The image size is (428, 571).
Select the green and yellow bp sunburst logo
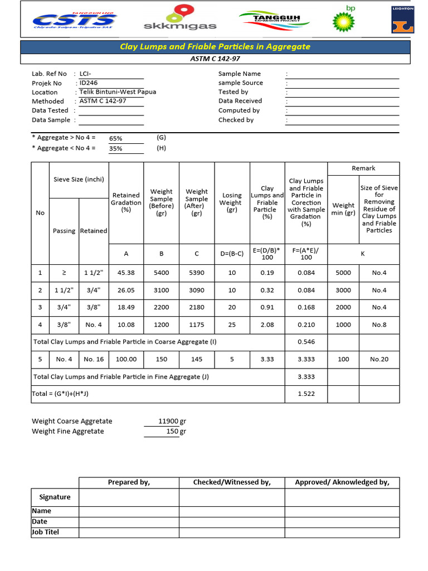[x=343, y=20]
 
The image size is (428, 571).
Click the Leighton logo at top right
[x=401, y=20]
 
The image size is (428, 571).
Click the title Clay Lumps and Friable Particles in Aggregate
[x=215, y=47]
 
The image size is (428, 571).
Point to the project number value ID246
[x=89, y=83]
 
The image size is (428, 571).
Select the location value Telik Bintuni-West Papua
[x=118, y=92]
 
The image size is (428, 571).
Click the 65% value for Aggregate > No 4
[x=116, y=138]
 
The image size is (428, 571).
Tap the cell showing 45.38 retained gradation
[x=126, y=273]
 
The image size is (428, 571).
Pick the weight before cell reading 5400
[x=162, y=273]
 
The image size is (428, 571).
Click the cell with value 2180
[x=197, y=307]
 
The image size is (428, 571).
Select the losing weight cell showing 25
[x=232, y=325]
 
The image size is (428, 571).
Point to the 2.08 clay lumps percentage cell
[x=267, y=325]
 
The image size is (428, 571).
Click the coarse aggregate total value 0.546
[x=307, y=342]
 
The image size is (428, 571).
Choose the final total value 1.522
[x=307, y=394]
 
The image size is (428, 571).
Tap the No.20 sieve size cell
[x=379, y=359]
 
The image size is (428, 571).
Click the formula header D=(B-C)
[x=232, y=254]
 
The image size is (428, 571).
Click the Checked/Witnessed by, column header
[x=232, y=482]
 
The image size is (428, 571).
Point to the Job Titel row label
[x=46, y=532]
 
